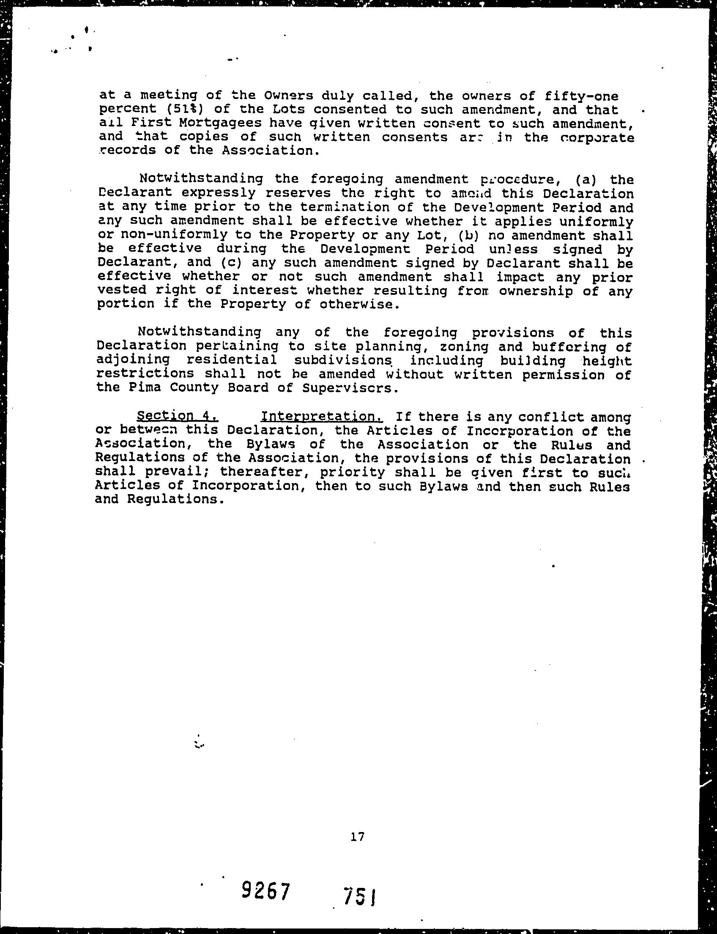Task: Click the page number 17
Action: tap(357, 837)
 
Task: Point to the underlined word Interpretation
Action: tap(322, 416)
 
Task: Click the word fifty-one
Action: tap(576, 96)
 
